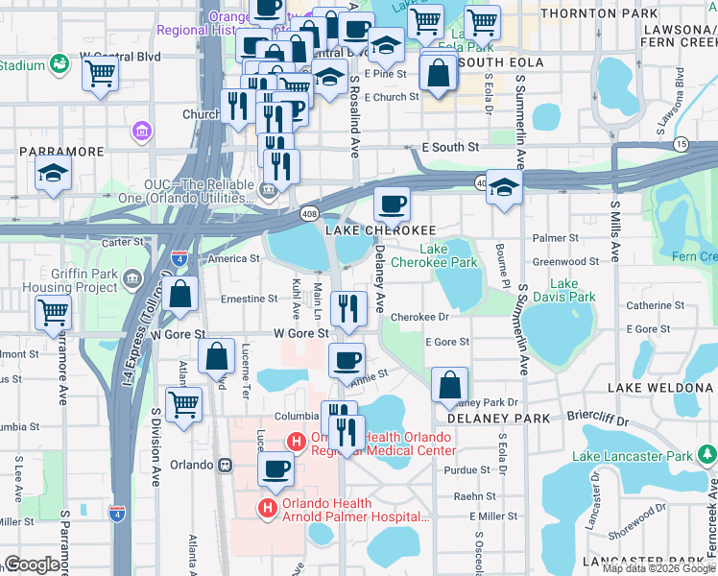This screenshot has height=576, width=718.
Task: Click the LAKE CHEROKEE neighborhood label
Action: pos(380,231)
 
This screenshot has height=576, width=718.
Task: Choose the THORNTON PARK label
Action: pos(586,13)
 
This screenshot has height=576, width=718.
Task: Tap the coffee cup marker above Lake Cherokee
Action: pos(393,204)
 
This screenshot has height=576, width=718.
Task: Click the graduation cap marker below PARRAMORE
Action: pos(53,175)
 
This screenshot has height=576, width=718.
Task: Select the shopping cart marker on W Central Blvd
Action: pos(100,73)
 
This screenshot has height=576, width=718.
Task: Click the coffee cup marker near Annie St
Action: pos(347,360)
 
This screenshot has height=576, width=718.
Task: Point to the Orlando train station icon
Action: pos(225,465)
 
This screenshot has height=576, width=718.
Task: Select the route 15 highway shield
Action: pos(681,144)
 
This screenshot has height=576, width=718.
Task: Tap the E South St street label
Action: pos(450,148)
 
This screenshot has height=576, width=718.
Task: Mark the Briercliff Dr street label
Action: pos(597,420)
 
